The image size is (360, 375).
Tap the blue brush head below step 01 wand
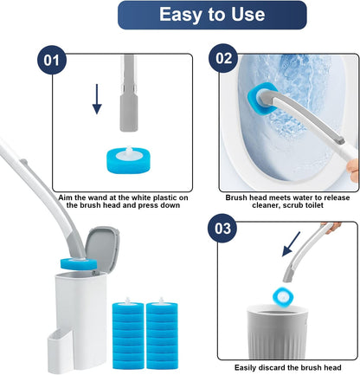click(131, 159)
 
